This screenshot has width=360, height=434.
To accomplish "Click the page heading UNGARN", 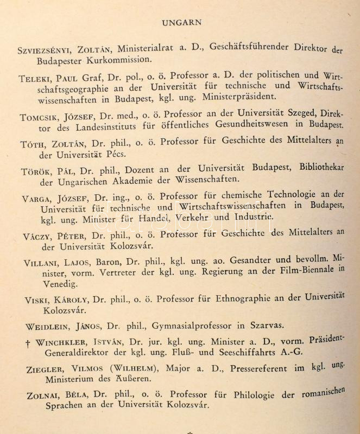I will (182, 22).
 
